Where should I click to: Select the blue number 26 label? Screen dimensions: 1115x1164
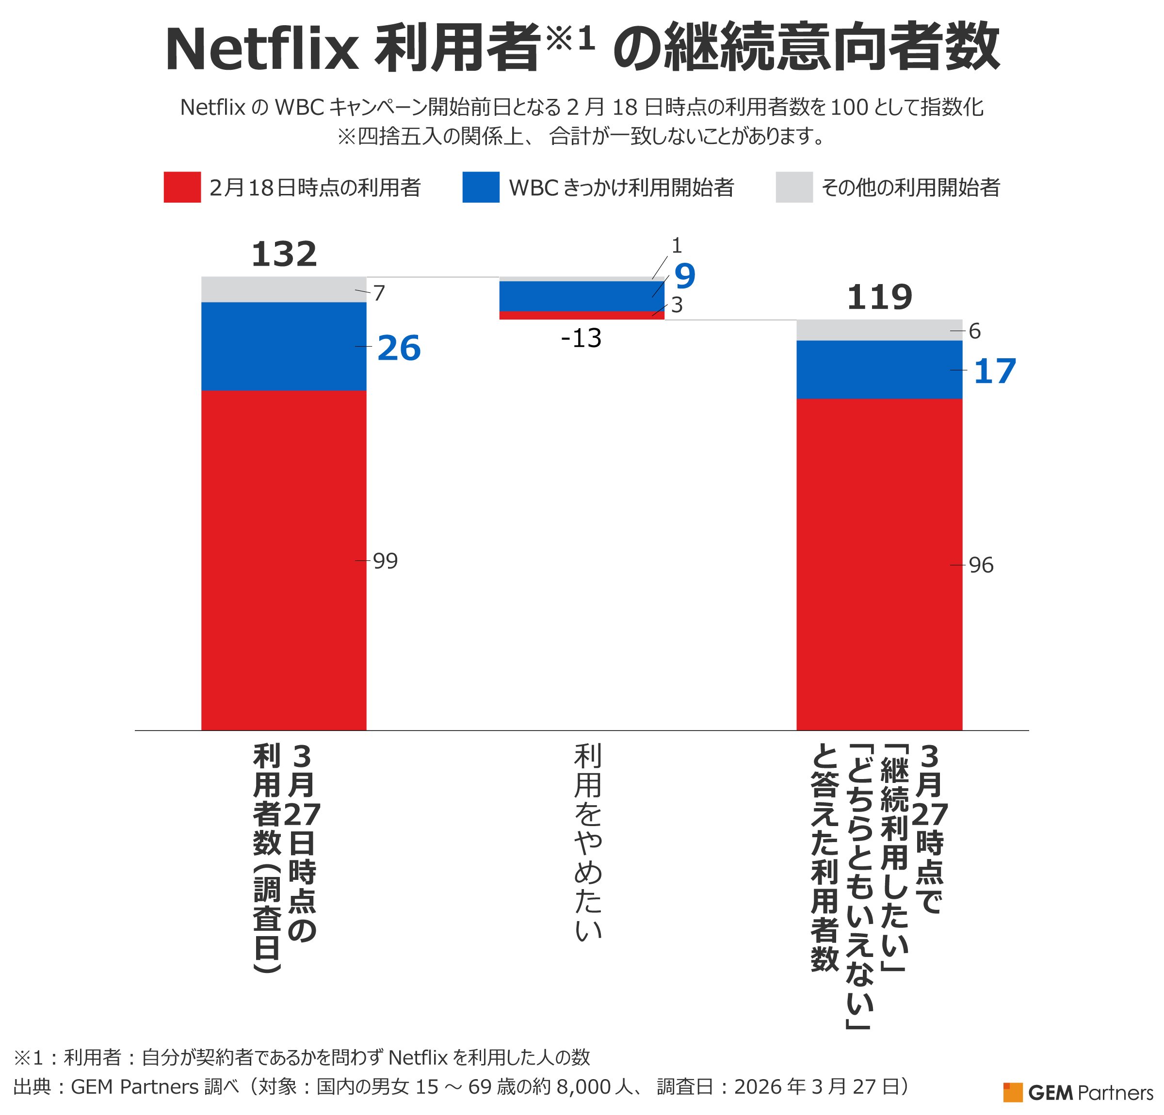coord(399,348)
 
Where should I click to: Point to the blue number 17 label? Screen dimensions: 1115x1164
coord(995,372)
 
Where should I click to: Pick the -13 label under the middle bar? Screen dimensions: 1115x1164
coord(581,338)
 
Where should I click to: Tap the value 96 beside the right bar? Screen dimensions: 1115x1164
coord(981,565)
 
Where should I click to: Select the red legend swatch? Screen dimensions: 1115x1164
coord(182,187)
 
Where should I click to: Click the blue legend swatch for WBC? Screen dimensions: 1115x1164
coord(481,187)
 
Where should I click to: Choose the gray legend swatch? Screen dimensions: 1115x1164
coord(794,187)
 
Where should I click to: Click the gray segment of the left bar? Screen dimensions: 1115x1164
coord(283,289)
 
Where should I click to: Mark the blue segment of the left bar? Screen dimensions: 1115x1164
coord(283,346)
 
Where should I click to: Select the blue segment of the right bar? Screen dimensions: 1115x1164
coord(879,369)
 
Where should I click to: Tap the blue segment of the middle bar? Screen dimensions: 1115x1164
coord(582,296)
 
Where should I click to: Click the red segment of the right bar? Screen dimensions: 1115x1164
coord(879,564)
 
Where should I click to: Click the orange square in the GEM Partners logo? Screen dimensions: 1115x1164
coord(1013,1092)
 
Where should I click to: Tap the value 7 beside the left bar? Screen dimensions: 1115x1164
coord(379,293)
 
